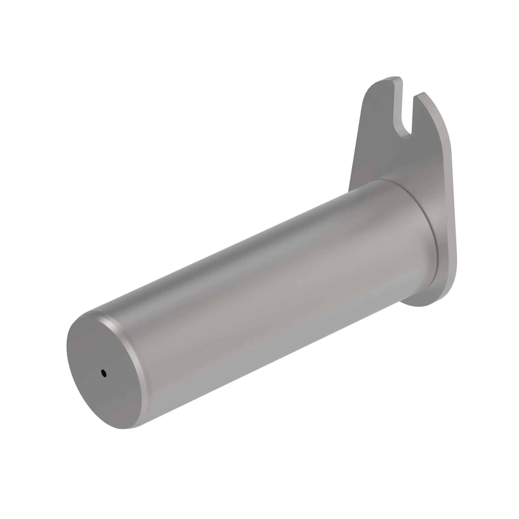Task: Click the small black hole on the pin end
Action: point(104,373)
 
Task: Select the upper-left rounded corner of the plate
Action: point(369,89)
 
